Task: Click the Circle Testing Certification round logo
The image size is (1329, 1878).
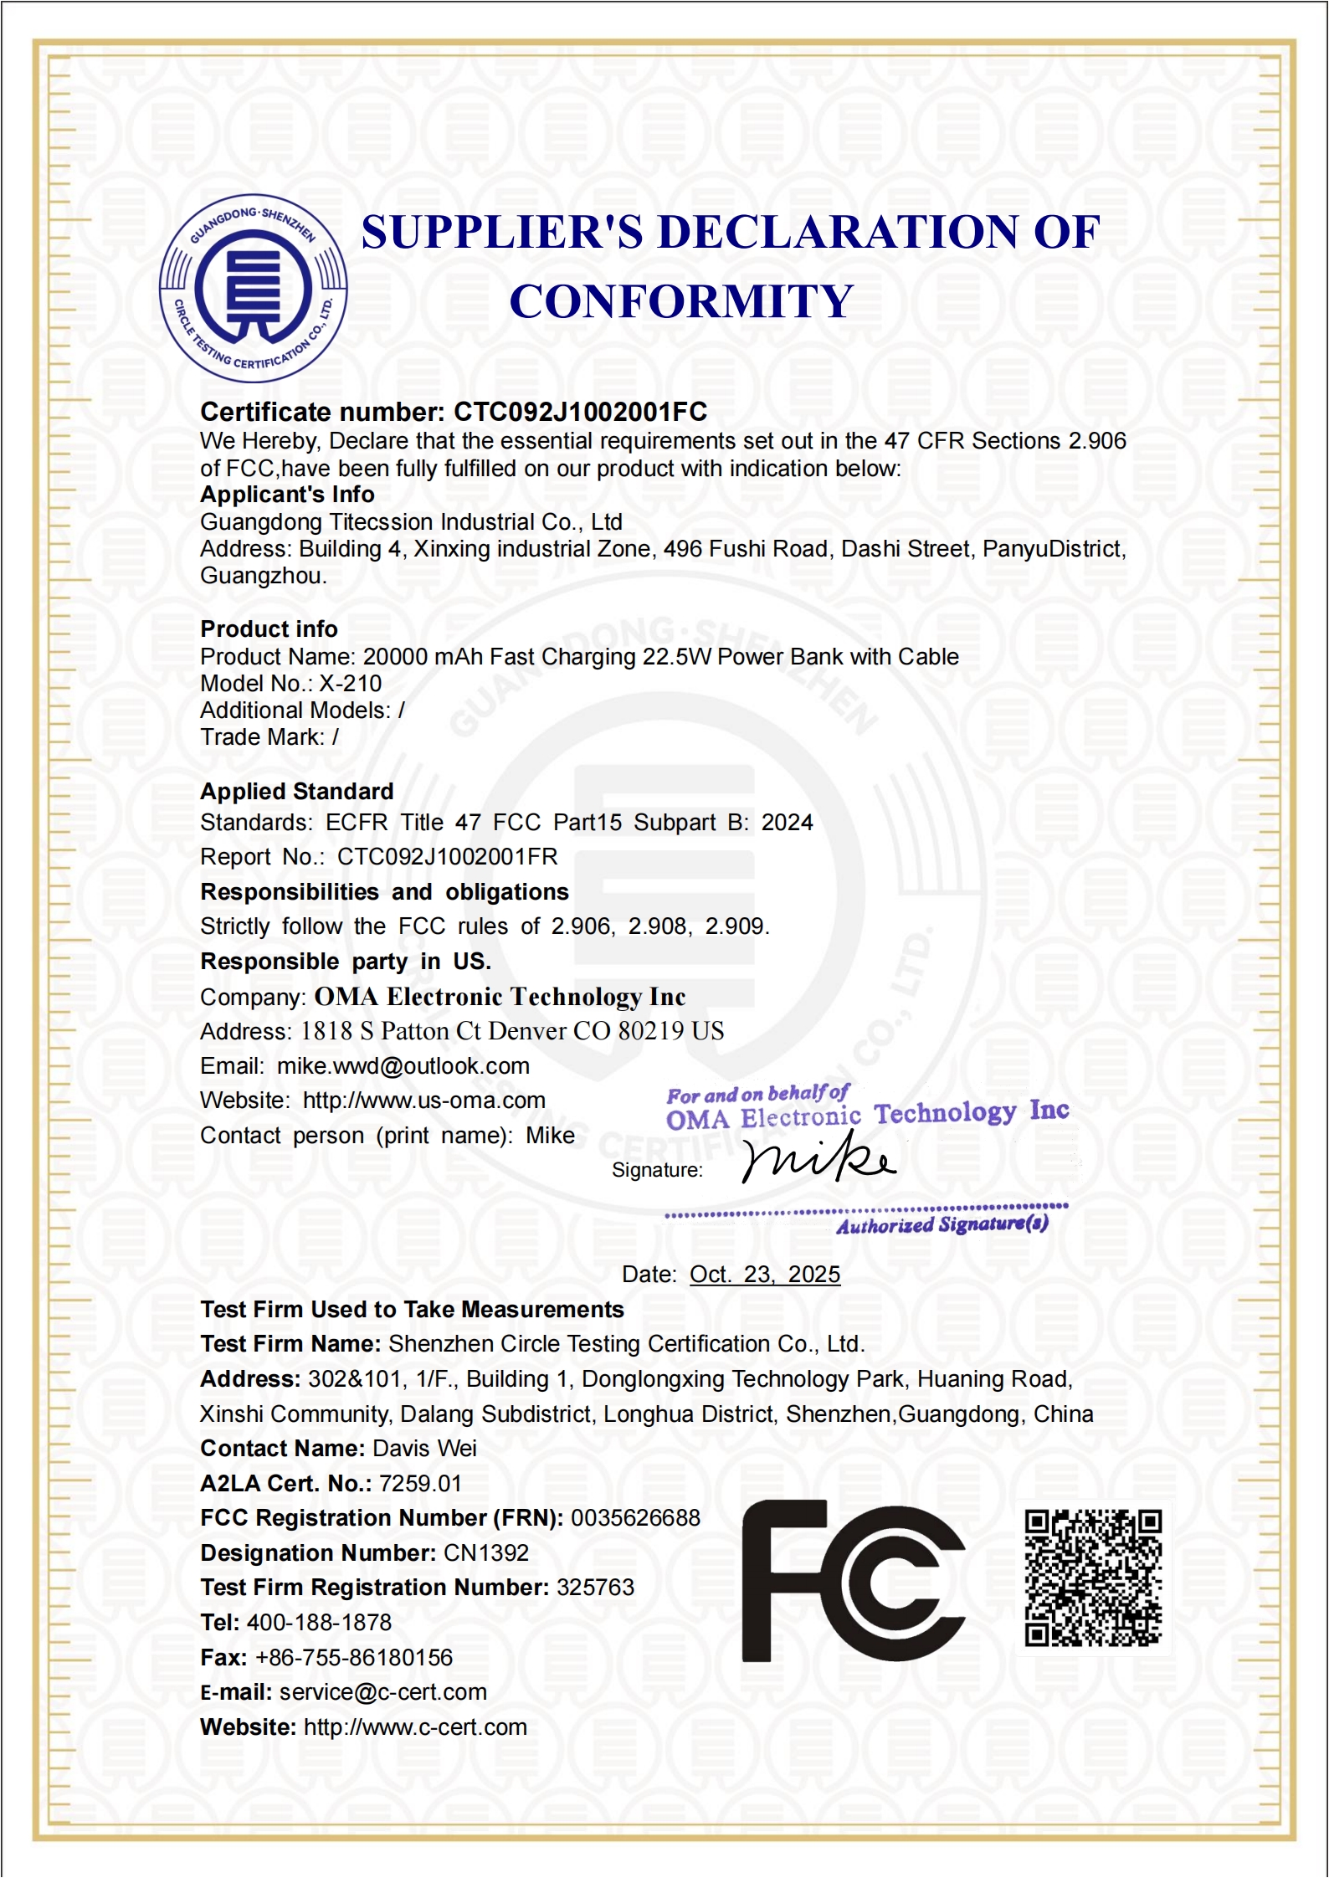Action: coord(253,289)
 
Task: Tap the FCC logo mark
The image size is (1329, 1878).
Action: coord(853,1580)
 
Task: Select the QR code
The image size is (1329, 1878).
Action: coord(1093,1578)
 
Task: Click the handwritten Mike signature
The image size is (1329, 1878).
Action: coord(818,1159)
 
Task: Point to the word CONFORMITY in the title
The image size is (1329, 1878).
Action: coord(681,301)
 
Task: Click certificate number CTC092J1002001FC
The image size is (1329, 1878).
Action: coord(580,412)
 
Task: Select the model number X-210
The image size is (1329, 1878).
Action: coord(350,684)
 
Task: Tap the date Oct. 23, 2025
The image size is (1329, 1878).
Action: coord(764,1274)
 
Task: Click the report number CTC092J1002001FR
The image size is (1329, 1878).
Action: coord(447,856)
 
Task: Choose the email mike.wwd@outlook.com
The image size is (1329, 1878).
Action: coord(403,1065)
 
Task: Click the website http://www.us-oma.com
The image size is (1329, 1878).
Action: coord(423,1100)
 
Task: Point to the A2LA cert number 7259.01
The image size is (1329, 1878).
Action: coord(420,1483)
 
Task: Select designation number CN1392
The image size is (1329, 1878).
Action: coord(485,1552)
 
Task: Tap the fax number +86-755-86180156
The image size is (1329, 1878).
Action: coord(353,1657)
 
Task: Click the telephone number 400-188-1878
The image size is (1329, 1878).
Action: coord(319,1622)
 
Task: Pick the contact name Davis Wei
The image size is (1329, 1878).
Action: coord(424,1448)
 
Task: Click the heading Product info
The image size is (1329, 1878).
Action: coord(269,629)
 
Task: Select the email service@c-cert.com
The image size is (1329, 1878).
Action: coord(382,1691)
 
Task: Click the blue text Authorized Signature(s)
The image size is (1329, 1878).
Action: coord(942,1224)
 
